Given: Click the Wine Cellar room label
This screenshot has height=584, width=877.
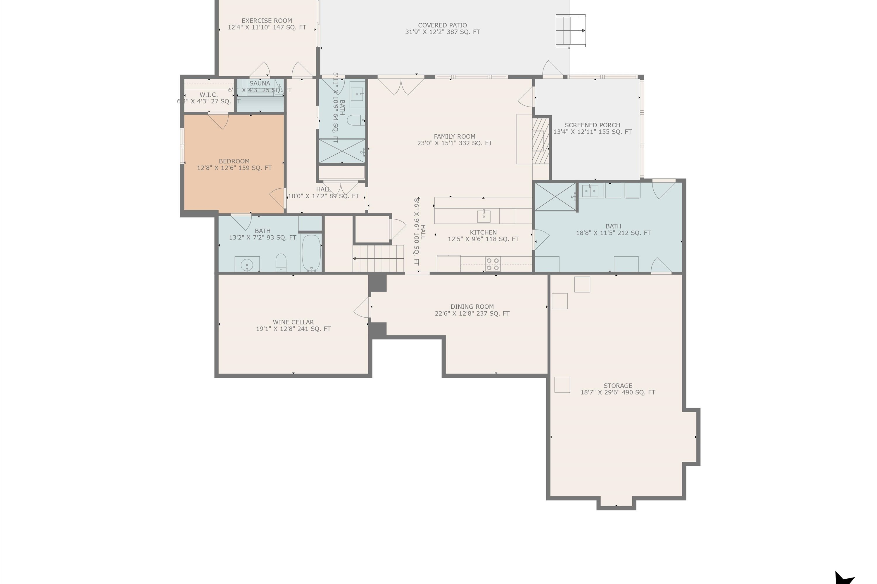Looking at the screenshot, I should tap(293, 322).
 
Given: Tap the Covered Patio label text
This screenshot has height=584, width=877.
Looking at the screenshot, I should tap(442, 25).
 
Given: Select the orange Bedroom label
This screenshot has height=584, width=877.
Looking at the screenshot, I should tap(234, 161).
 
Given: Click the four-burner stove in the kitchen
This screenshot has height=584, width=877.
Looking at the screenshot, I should tap(493, 264).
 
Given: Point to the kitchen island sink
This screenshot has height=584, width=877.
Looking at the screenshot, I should tap(484, 216).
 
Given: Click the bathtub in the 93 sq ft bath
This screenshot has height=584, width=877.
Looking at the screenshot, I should tap(311, 253).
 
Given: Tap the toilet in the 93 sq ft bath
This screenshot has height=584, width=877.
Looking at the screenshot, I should tap(281, 263).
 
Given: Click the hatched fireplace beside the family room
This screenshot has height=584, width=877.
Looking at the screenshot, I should tap(540, 141).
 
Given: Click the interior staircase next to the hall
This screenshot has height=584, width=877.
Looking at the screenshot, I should tap(379, 258).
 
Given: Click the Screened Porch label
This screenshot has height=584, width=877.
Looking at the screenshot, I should tap(592, 125).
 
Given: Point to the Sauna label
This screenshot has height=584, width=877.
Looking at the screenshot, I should tap(260, 84).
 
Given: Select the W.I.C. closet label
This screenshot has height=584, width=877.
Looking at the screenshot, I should tap(208, 95).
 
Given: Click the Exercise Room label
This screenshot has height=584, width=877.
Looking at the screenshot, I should tap(267, 21).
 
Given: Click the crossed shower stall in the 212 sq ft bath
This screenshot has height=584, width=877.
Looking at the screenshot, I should tap(555, 197).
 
